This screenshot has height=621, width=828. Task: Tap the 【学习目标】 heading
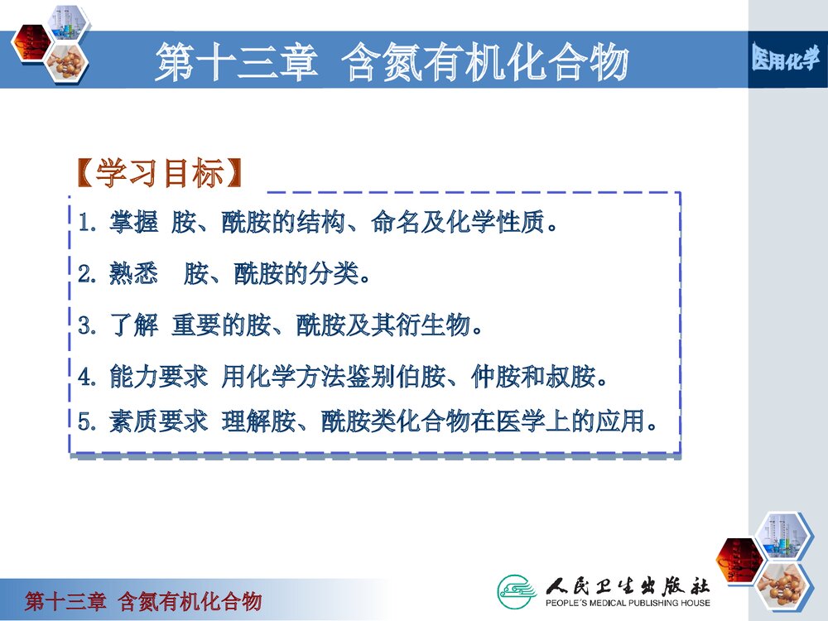[x=160, y=174]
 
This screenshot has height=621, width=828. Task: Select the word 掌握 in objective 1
[x=133, y=224]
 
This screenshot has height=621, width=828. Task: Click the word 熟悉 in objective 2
[x=133, y=274]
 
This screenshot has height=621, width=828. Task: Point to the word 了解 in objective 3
[x=133, y=325]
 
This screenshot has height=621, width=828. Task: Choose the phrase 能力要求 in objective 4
[x=158, y=378]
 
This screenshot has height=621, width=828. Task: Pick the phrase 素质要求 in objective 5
[x=158, y=421]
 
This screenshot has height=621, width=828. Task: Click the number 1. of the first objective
[x=88, y=224]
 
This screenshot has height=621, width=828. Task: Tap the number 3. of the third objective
[x=88, y=325]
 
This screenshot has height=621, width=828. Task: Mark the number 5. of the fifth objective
[x=88, y=421]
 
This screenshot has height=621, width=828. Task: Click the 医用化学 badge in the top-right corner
[x=786, y=59]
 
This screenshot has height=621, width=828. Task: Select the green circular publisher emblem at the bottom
[x=517, y=590]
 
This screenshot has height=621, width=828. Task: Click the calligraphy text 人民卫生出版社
[x=628, y=585]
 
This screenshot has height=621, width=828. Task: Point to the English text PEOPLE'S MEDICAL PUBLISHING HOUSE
[x=627, y=603]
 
